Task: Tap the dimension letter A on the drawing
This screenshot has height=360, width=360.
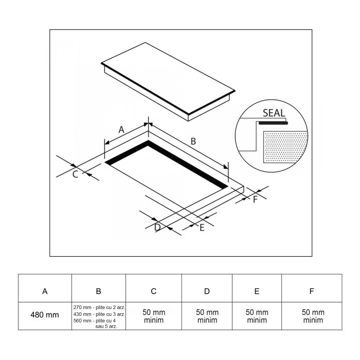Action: point(122,130)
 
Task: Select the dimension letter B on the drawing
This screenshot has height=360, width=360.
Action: point(193,140)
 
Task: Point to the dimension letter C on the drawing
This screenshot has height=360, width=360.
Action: point(75,174)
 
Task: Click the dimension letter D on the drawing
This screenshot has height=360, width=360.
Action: point(157,227)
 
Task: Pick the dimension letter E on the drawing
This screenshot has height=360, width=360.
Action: point(202,228)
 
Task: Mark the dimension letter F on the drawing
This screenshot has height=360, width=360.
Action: point(255,200)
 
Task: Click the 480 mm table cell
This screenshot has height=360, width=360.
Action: point(45,315)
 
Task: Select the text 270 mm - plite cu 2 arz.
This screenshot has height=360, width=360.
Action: point(99,308)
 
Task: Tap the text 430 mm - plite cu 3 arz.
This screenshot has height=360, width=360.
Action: point(99,314)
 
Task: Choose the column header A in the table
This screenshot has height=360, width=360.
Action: point(45,291)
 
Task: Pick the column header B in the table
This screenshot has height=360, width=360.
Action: point(99,291)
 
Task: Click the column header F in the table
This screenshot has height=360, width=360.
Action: point(312,291)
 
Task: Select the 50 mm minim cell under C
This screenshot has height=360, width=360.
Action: point(154,316)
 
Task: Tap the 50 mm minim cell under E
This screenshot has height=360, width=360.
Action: point(257,316)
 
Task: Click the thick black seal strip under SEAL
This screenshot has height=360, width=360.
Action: point(273,123)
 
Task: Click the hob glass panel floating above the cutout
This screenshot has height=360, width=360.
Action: point(167,80)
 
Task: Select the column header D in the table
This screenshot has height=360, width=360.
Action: point(207,291)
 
